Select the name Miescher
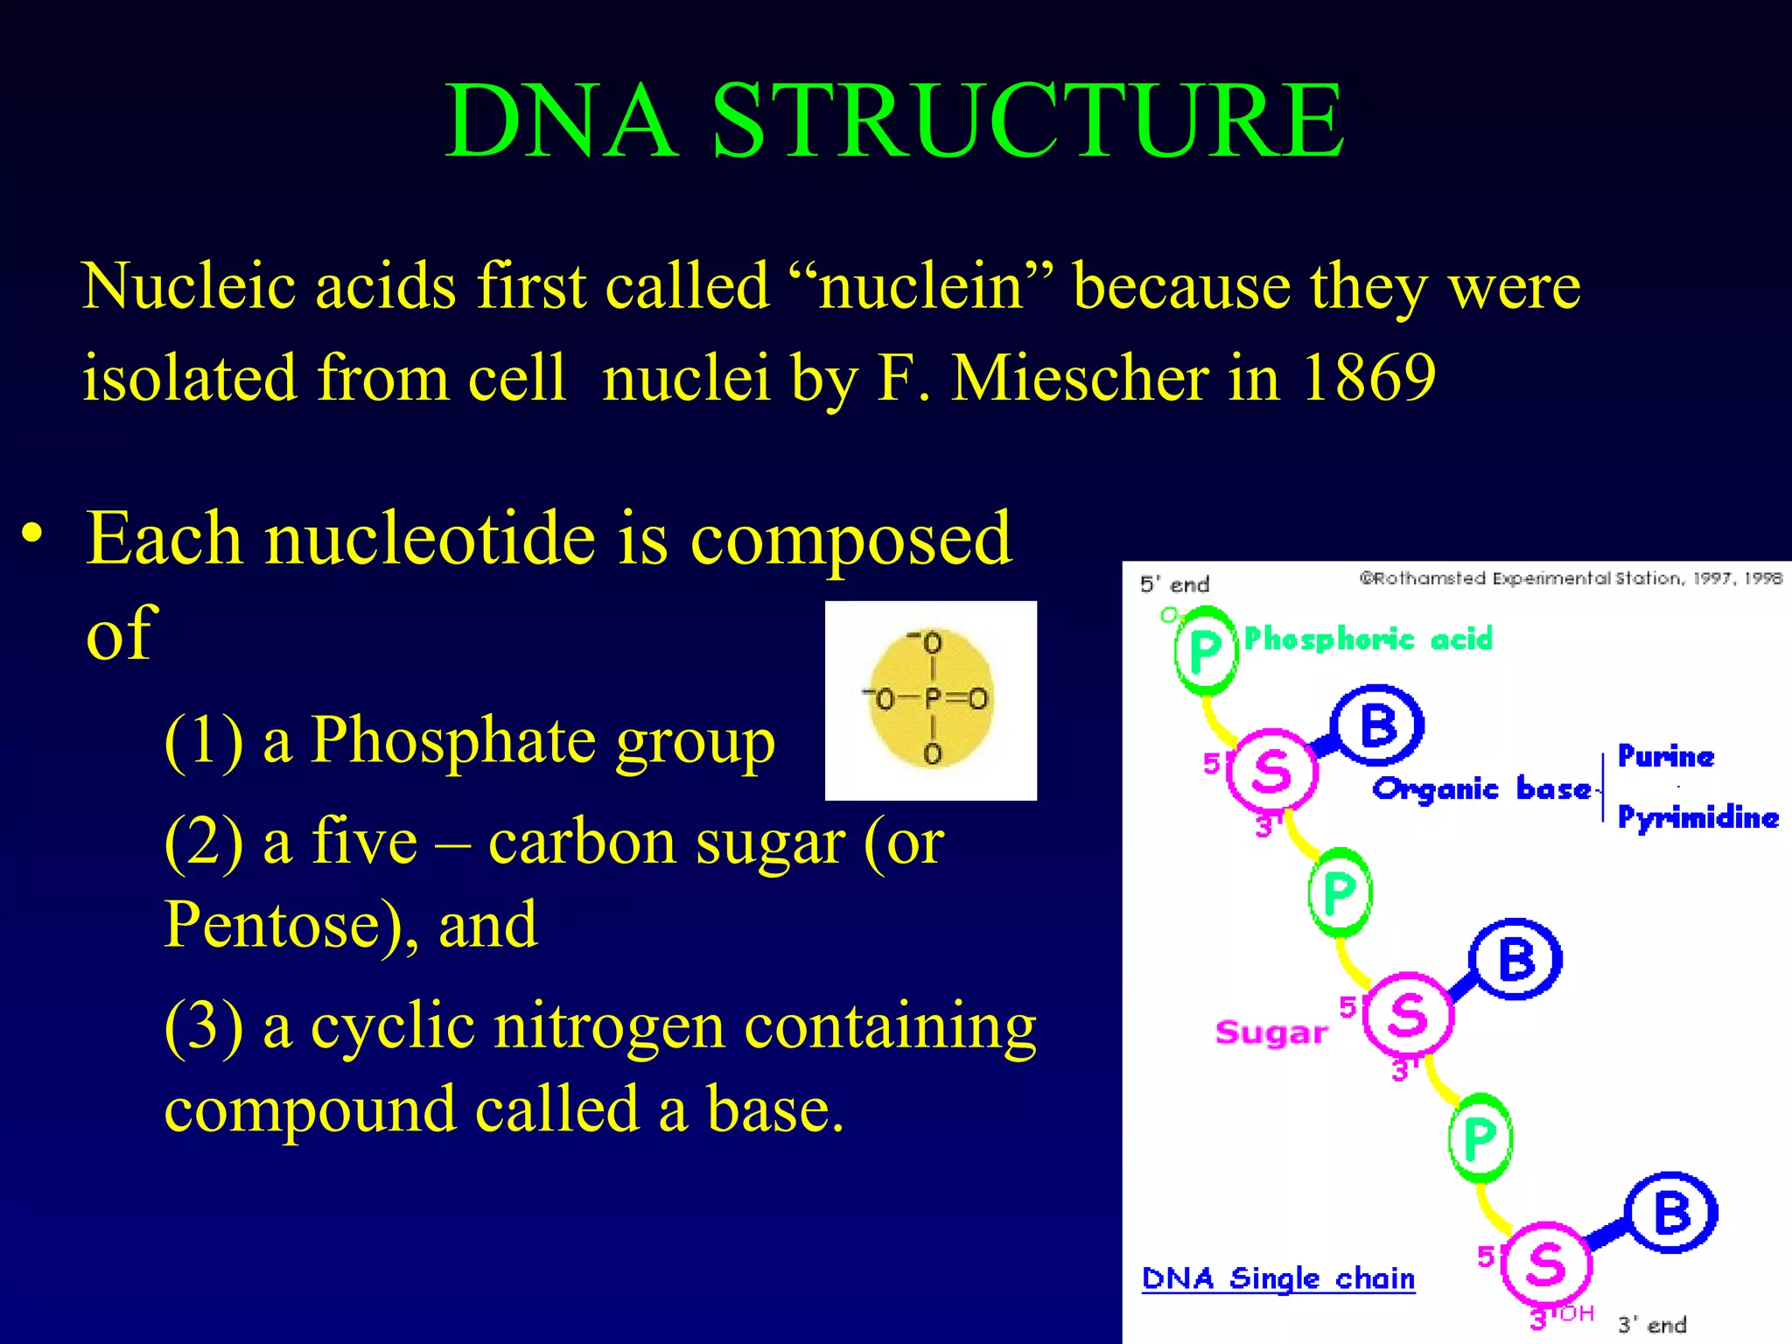(x=1081, y=378)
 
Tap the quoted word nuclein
(x=921, y=287)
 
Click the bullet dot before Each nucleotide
(x=32, y=533)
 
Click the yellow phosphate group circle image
(x=931, y=699)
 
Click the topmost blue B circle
(x=1378, y=725)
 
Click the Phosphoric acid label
(x=1368, y=640)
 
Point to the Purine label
(x=1665, y=756)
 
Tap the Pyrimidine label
(x=1697, y=817)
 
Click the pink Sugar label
(x=1270, y=1032)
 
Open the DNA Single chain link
(x=1277, y=1278)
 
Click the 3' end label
(x=1651, y=1325)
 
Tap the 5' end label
(x=1174, y=584)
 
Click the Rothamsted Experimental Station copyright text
(x=1571, y=578)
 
